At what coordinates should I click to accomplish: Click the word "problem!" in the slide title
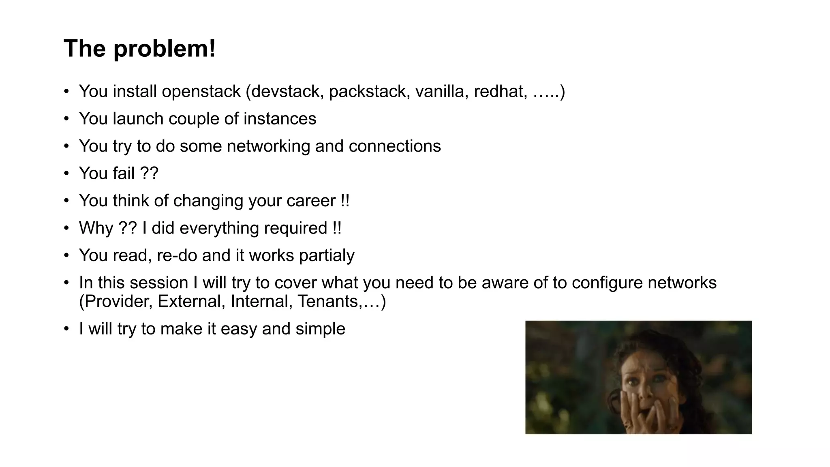coord(164,49)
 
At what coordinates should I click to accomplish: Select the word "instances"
coord(280,119)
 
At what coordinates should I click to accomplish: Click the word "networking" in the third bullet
coord(268,146)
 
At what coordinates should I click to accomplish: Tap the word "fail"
coord(124,174)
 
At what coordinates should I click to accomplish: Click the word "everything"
coord(219,228)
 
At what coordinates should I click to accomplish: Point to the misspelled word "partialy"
coord(327,256)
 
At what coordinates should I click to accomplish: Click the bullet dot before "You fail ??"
coord(66,174)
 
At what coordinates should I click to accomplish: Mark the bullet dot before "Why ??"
coord(66,228)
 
